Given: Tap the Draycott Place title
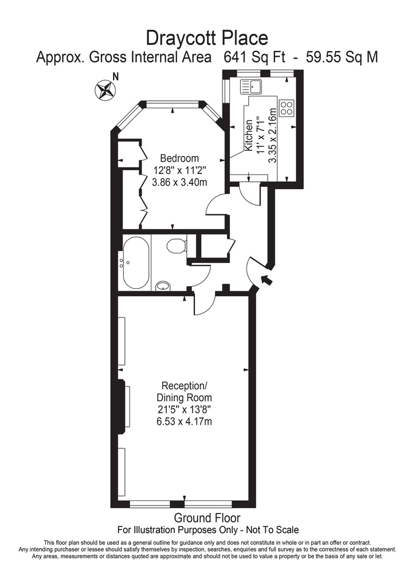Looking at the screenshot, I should tap(207, 38).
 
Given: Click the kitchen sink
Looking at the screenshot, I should tap(252, 87).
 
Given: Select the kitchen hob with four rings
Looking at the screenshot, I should tap(286, 108).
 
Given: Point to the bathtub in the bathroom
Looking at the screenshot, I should tap(136, 263).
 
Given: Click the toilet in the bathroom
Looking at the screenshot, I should tap(177, 246).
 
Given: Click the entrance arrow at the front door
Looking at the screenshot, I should tap(266, 280).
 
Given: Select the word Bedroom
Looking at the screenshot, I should tap(179, 158).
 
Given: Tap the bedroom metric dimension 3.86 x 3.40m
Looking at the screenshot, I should tap(179, 182).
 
